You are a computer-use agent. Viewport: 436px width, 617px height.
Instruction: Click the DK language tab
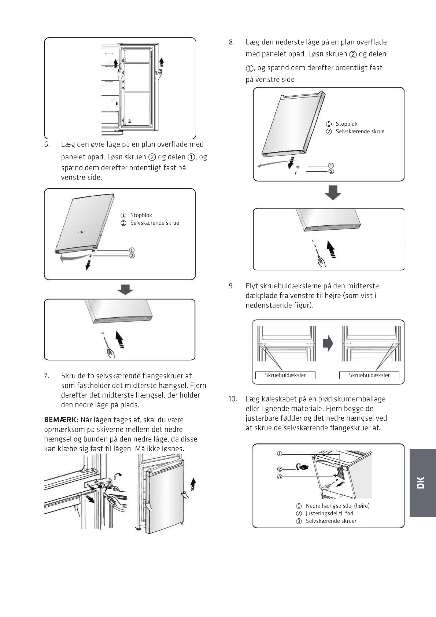pos(422,483)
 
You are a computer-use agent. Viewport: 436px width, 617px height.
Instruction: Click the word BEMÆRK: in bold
pos(61,420)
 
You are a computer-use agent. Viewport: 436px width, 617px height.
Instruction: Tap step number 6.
pos(47,144)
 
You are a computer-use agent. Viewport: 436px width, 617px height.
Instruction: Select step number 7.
pos(47,376)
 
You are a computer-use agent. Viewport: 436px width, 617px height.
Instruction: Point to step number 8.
pos(232,43)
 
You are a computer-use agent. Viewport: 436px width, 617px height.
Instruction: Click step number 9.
pos(232,286)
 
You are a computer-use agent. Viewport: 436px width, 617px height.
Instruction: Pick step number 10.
pos(233,399)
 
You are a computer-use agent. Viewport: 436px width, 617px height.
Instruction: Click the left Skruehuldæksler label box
pos(285,375)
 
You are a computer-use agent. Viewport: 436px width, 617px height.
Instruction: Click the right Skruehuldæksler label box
pos(369,375)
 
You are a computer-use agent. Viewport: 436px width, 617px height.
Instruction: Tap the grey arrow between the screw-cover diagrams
pos(328,344)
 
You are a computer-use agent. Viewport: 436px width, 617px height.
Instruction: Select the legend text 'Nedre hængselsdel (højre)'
pos(337,506)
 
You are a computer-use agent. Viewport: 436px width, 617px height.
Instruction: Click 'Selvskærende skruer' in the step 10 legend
pos(331,521)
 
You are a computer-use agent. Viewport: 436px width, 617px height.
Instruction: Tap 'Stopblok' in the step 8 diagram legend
pos(346,124)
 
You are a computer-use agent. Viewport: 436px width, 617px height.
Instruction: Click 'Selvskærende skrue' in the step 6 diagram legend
pos(155,223)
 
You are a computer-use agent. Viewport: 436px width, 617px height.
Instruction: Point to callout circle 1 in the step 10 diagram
pos(279,454)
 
